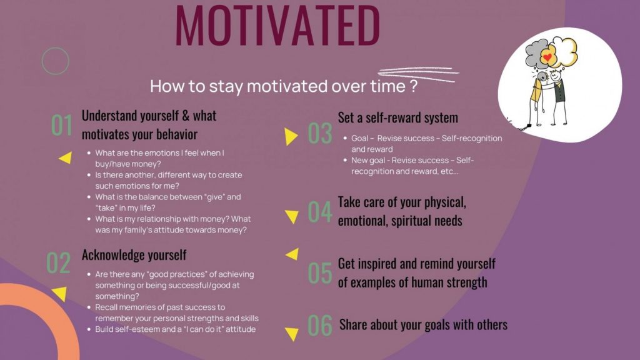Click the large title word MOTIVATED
277,25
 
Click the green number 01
62,125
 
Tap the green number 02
58,262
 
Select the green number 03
320,134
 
